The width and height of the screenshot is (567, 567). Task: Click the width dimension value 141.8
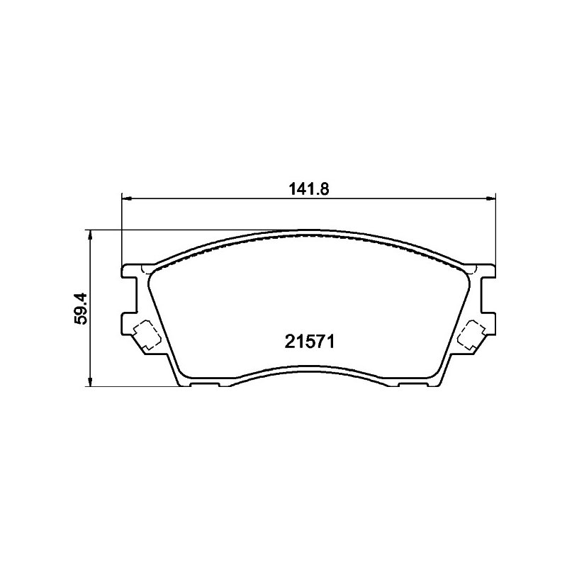(309, 189)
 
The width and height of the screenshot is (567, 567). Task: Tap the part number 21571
(309, 342)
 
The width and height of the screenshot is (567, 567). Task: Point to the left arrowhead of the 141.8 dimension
(127, 198)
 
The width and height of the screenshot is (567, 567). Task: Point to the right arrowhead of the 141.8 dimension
(490, 198)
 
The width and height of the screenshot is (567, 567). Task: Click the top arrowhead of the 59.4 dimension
(90, 235)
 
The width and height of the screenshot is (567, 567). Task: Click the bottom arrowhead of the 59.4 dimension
(90, 382)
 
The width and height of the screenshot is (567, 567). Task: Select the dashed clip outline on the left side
(147, 335)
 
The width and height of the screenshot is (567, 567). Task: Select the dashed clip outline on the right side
(471, 335)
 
